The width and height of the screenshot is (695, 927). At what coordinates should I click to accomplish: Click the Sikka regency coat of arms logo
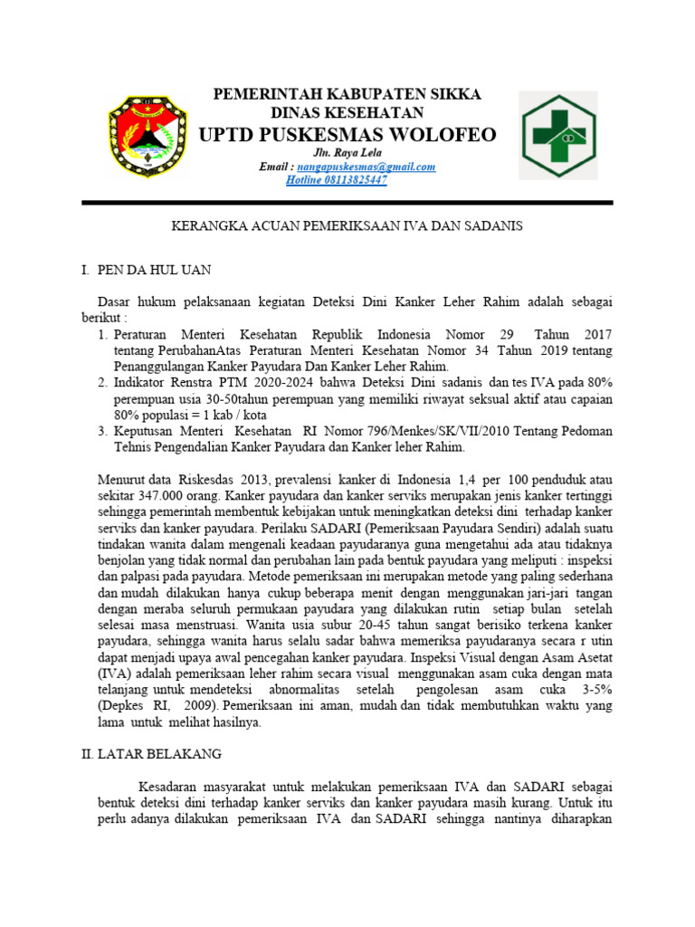click(x=148, y=135)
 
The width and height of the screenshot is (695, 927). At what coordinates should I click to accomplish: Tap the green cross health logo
click(x=557, y=135)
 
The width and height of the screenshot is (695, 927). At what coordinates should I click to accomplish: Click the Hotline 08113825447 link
click(x=337, y=180)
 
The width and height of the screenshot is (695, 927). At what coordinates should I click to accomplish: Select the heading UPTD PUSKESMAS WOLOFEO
click(x=347, y=135)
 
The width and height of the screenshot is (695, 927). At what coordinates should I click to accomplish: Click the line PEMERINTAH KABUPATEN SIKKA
click(x=347, y=95)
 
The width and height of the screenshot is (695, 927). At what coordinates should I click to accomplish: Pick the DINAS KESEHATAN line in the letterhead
click(x=347, y=113)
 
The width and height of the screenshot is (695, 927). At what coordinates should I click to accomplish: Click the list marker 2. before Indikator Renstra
click(x=102, y=384)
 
